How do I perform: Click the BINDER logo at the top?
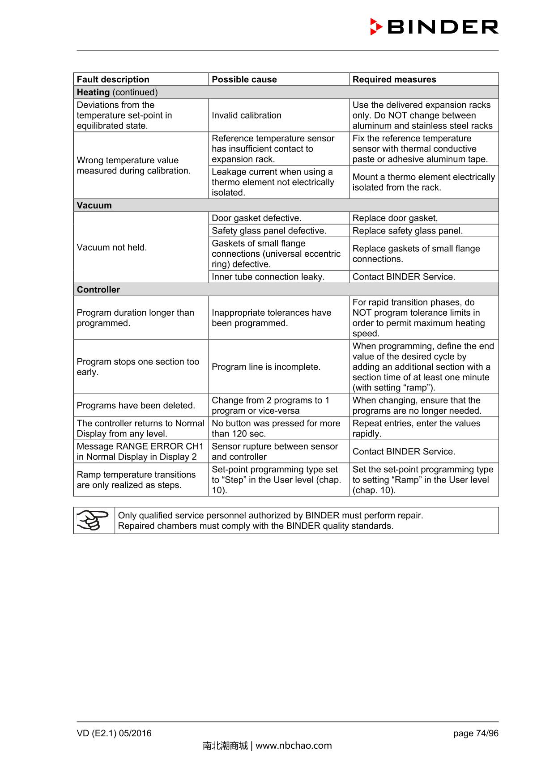[434, 27]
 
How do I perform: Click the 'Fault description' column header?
[113, 79]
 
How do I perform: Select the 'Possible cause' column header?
[244, 79]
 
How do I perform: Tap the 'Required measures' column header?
[394, 79]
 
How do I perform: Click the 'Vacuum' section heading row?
[94, 205]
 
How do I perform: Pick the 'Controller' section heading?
[98, 289]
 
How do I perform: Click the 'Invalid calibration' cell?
[247, 115]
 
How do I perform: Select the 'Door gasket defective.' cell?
[256, 218]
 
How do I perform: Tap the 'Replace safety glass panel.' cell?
[408, 231]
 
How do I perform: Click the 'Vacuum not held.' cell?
[112, 247]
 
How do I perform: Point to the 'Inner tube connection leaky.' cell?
[268, 277]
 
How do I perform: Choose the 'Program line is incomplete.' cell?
[266, 367]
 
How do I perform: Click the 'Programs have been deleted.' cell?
[136, 406]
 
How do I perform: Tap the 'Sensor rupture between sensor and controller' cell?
[275, 451]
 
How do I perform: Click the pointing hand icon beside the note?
[93, 520]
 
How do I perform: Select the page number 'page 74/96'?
[476, 733]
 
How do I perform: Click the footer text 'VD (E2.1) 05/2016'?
[114, 733]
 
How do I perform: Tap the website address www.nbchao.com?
[294, 746]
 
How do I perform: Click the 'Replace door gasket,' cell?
[395, 218]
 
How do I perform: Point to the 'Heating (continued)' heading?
[117, 92]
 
